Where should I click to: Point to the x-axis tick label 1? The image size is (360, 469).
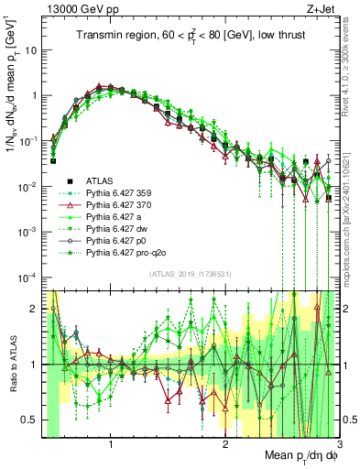(111, 446)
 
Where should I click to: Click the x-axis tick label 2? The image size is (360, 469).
(224, 446)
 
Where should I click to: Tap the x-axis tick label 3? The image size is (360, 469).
(338, 446)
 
